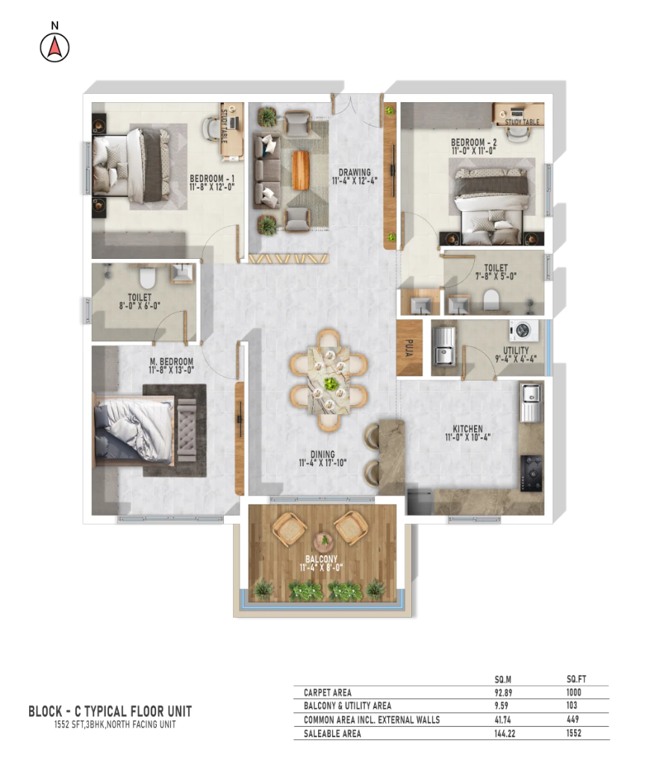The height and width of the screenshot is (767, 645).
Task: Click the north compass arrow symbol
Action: (54, 48)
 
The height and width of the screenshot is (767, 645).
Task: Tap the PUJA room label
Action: (410, 348)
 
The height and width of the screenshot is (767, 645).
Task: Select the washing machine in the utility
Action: (523, 331)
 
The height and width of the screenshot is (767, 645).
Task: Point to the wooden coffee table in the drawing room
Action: (301, 169)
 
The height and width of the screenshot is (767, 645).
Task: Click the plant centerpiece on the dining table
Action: (331, 383)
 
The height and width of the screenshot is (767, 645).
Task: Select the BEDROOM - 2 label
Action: (473, 143)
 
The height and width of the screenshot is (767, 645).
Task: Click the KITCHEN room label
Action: (467, 429)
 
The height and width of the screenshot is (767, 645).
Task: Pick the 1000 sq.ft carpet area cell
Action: (573, 692)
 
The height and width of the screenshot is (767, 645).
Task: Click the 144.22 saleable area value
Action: (505, 733)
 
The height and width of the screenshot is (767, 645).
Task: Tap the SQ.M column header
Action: (502, 680)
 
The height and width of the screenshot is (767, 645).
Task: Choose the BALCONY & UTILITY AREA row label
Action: (347, 706)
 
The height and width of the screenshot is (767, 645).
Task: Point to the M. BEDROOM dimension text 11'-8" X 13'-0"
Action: (171, 370)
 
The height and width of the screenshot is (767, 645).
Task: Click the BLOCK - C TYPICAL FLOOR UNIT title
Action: (110, 711)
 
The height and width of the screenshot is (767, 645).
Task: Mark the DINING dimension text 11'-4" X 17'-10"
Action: (322, 463)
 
